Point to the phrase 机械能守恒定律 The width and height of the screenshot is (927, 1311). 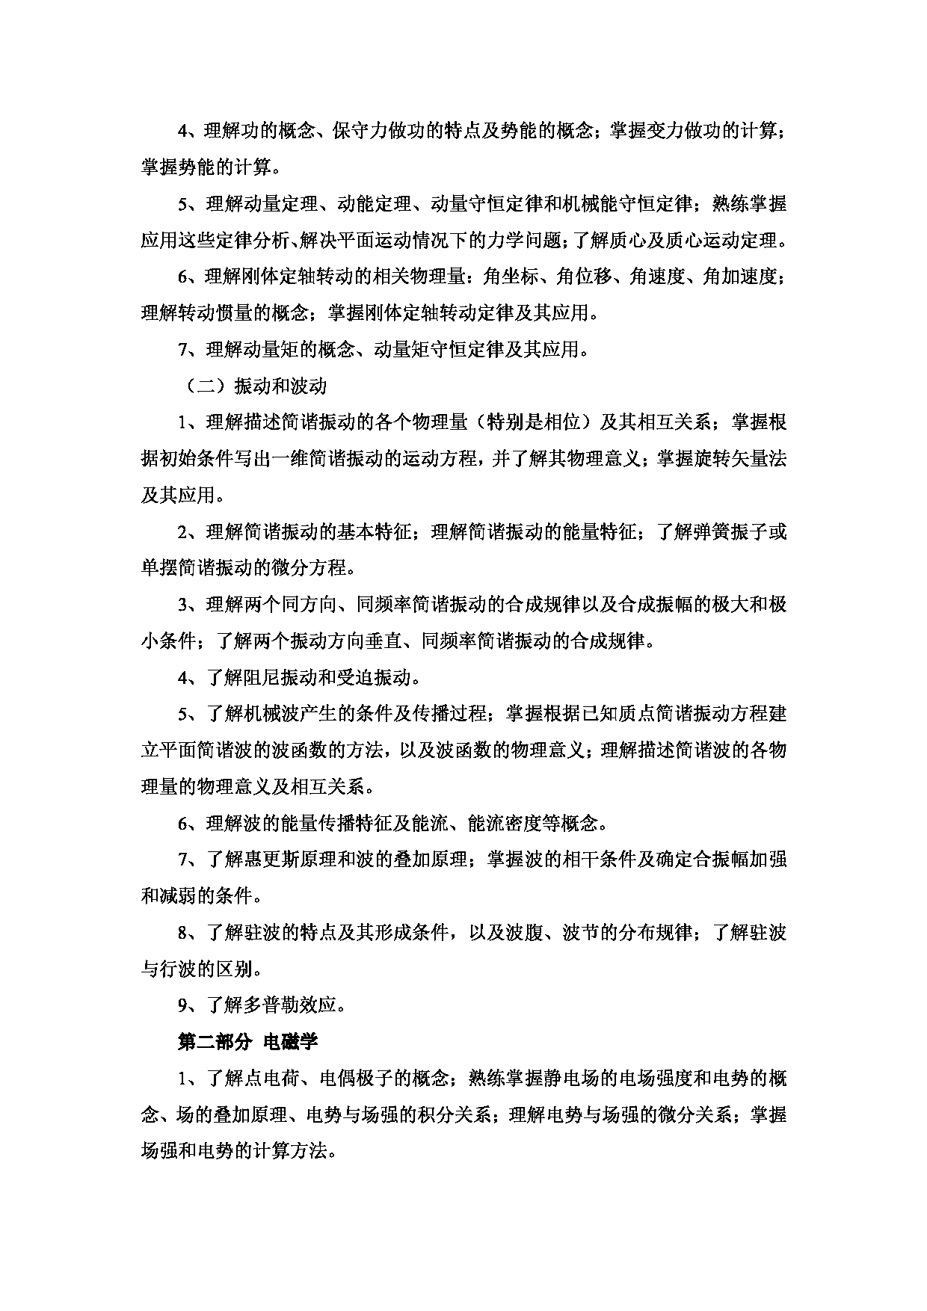tap(624, 204)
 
